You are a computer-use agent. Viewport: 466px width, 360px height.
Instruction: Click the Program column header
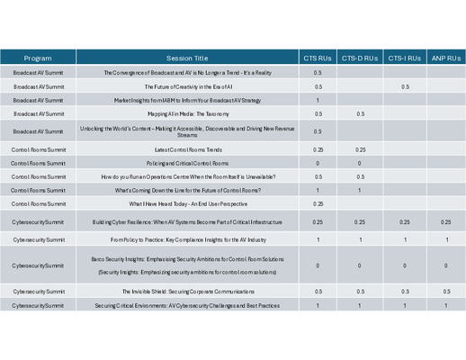coord(38,58)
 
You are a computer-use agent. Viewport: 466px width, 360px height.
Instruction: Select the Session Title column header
coord(187,58)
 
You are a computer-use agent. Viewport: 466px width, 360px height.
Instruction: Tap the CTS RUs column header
coord(318,58)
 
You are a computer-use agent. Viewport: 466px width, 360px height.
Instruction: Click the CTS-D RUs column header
coord(360,58)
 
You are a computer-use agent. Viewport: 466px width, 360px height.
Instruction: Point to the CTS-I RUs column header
coord(405,58)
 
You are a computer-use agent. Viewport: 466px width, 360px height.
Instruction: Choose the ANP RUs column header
coord(445,58)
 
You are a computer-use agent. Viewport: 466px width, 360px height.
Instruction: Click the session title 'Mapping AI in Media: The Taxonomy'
coord(187,114)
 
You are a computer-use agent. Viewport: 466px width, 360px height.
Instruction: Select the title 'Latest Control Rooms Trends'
coord(187,149)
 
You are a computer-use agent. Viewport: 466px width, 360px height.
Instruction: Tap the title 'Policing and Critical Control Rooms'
coord(187,163)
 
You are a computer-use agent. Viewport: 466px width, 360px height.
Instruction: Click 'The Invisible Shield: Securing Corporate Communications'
coord(187,292)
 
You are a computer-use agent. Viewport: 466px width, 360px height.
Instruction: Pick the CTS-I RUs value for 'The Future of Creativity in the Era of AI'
coord(405,86)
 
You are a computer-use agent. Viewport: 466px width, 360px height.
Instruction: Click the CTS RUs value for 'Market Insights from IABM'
coord(318,100)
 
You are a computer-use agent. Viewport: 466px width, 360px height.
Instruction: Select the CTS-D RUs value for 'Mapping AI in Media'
coord(360,114)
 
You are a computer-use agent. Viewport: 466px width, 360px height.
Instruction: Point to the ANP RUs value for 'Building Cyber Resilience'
coord(445,221)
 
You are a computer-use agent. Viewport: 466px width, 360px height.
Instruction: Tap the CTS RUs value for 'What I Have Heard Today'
coord(318,204)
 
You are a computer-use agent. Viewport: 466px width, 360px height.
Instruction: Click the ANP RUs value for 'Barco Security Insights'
coord(445,265)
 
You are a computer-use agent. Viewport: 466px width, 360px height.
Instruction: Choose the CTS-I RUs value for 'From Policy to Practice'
coord(405,240)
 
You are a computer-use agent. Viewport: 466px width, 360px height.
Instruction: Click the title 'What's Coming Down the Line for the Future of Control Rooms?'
coord(187,190)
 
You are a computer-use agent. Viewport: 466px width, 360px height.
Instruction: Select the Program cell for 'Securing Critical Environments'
coord(38,306)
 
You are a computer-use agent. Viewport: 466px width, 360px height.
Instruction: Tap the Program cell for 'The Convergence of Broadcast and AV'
coord(38,72)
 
